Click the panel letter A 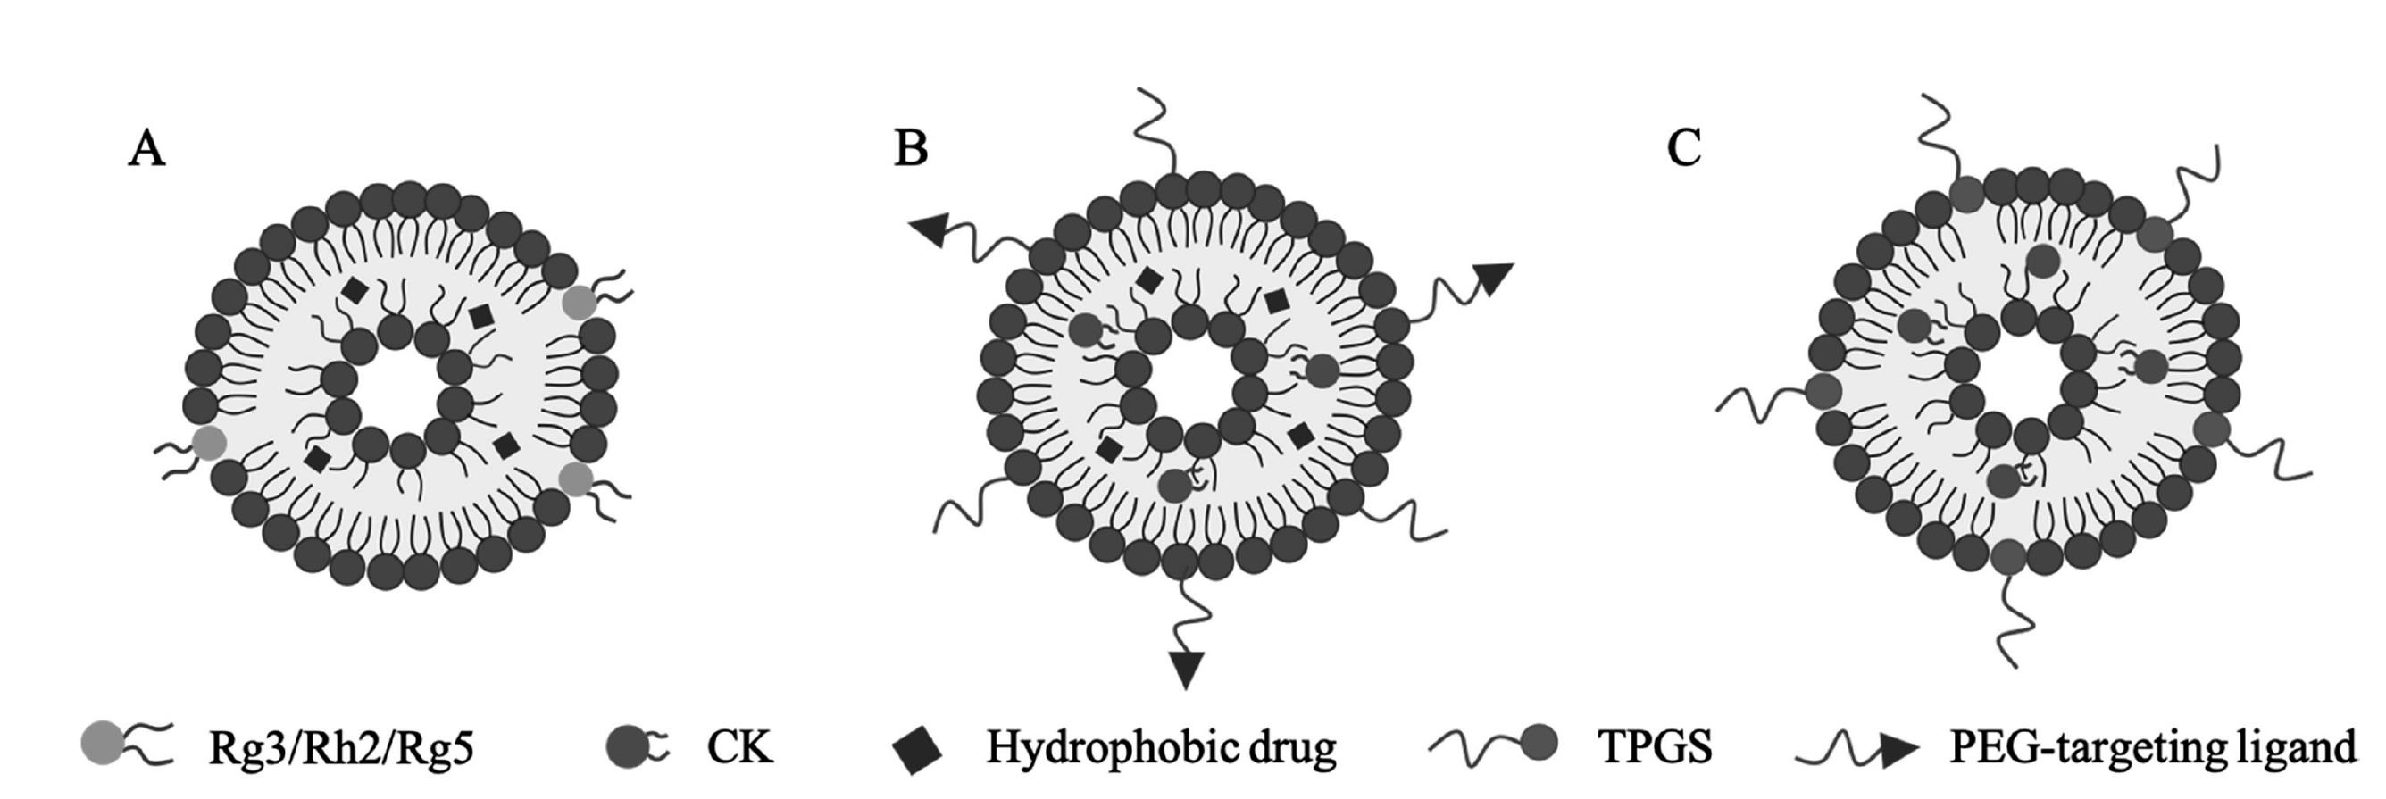click(146, 148)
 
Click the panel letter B click(911, 148)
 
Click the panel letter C click(1684, 148)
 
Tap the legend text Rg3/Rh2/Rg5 click(341, 747)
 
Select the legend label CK click(739, 747)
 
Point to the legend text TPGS click(1655, 747)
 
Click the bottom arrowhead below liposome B click(1186, 668)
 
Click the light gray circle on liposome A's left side click(208, 444)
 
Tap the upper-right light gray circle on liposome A click(580, 302)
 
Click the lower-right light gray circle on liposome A click(576, 479)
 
